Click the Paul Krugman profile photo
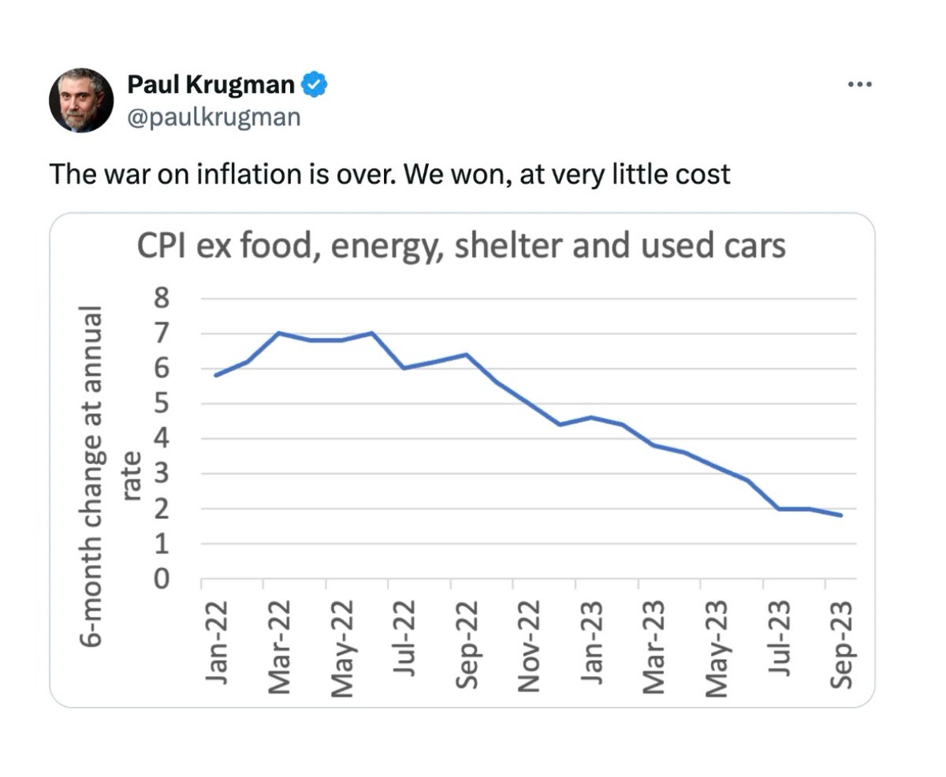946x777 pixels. [x=81, y=100]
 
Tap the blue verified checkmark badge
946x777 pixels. [x=316, y=84]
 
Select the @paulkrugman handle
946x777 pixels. [x=213, y=117]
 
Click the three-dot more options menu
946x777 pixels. [x=860, y=84]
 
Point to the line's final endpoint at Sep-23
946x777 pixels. [x=841, y=515]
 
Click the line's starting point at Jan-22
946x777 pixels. [x=215, y=375]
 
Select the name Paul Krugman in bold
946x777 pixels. [x=210, y=84]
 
